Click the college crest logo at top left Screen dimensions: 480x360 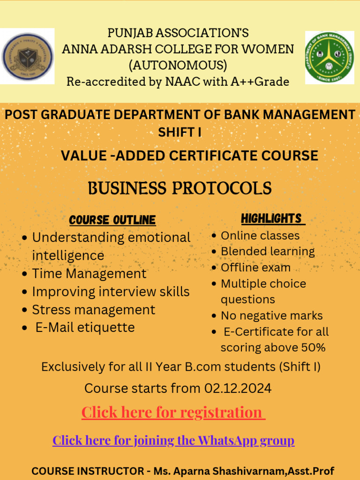point(27,56)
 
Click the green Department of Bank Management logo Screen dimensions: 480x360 point(330,58)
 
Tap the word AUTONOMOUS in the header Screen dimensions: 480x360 point(178,65)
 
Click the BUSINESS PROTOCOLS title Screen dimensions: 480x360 point(180,188)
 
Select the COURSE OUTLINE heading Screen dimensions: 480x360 point(112,220)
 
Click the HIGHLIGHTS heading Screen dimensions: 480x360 point(271,218)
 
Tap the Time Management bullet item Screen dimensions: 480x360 point(89,273)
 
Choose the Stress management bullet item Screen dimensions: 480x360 point(93,310)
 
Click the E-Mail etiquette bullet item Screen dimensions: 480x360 point(85,327)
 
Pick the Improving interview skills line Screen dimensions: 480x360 point(111,292)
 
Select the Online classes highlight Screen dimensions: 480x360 point(260,235)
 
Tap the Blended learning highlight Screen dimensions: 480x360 point(268,251)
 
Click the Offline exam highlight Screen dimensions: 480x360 point(255,268)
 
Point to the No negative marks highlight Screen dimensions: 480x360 point(271,316)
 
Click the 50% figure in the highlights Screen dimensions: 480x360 point(314,348)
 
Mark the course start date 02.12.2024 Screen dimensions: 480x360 point(238,389)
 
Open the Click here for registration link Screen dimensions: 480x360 point(172,412)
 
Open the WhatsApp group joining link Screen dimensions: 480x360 point(173,441)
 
